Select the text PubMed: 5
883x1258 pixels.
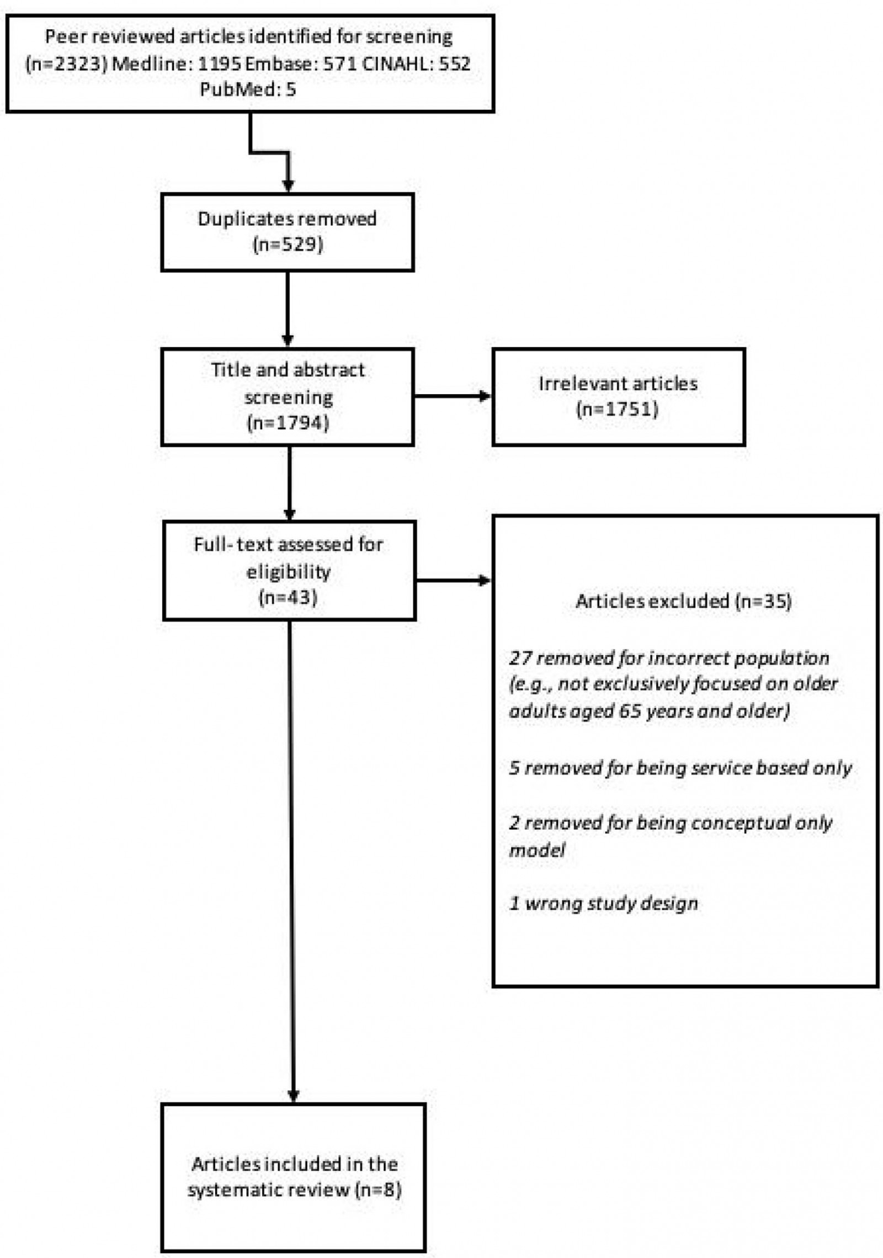(x=248, y=89)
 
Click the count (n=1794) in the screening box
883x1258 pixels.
(x=287, y=423)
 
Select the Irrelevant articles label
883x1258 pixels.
(x=618, y=384)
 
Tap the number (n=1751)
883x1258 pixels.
(x=618, y=410)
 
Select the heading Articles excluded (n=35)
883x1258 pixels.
(x=683, y=601)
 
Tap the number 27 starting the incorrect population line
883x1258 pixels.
(x=519, y=658)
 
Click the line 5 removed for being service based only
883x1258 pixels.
(x=680, y=768)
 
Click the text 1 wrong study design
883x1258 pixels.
(x=603, y=904)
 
